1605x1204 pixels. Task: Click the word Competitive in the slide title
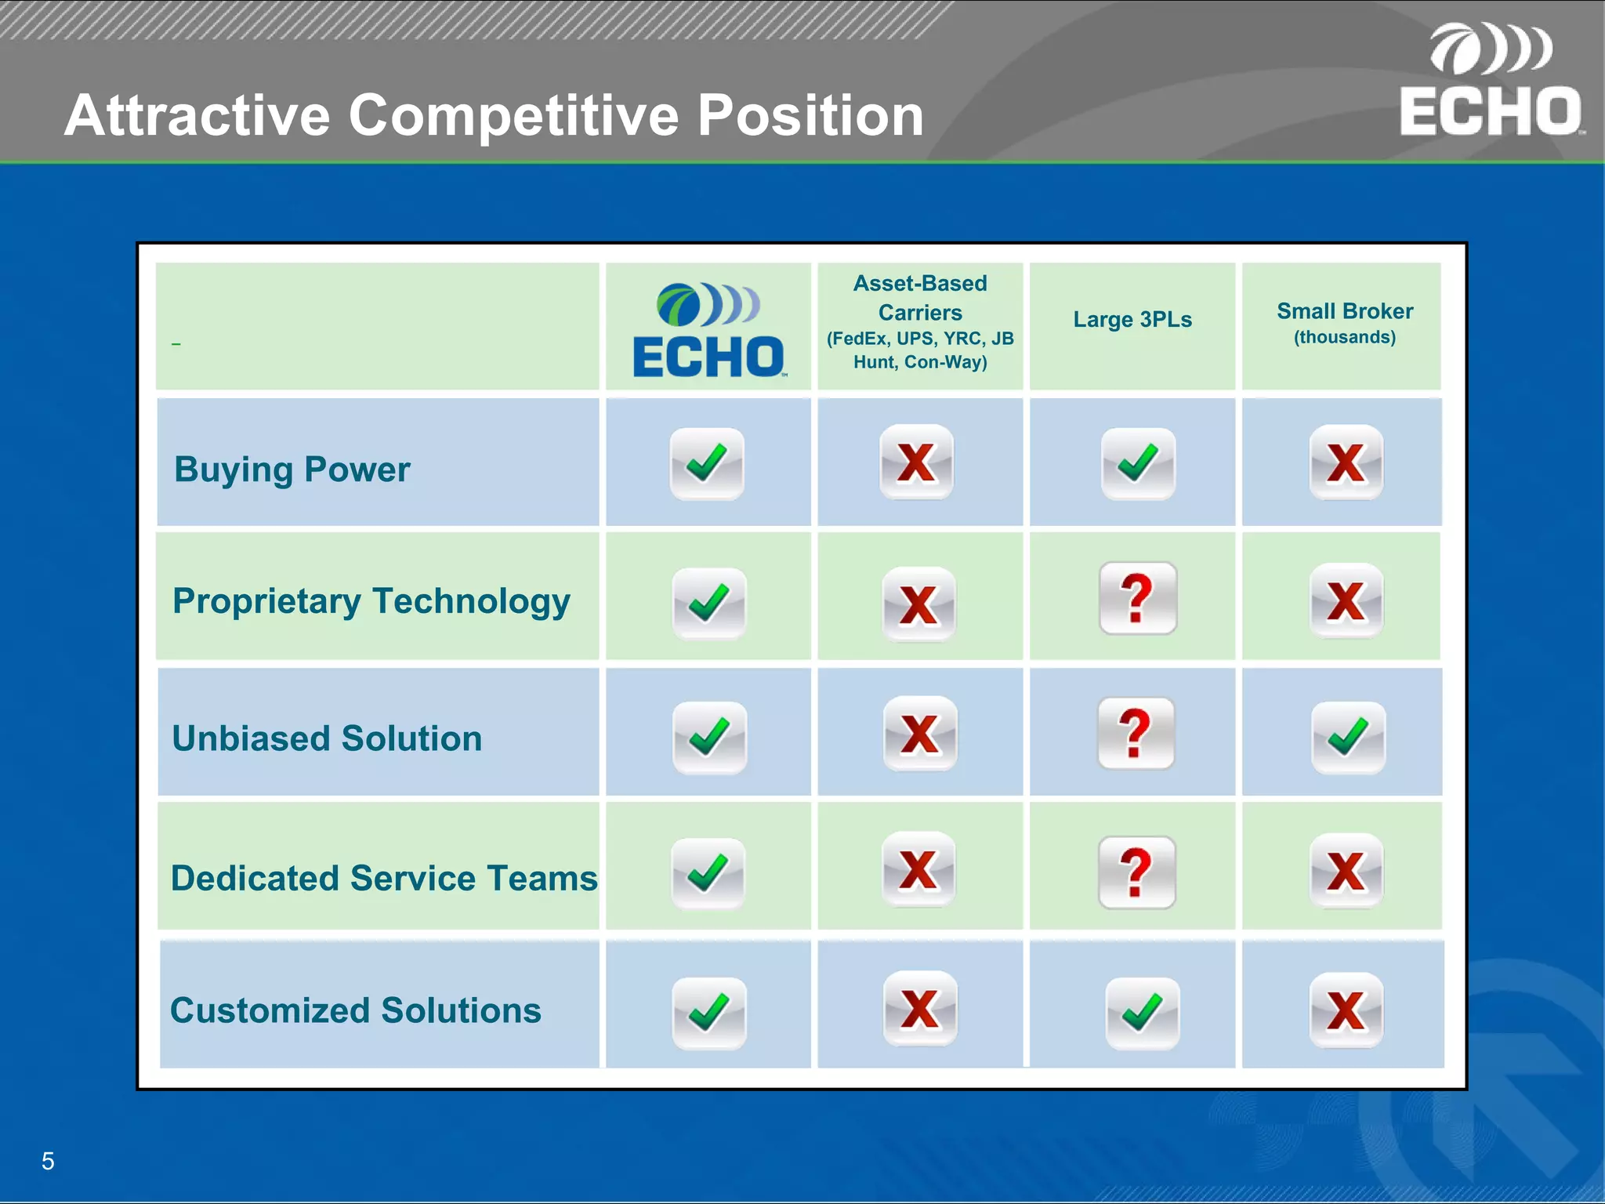515,116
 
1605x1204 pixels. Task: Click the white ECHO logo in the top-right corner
1491,82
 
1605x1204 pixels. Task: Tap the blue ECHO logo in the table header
708,330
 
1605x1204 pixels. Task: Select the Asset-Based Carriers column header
920,321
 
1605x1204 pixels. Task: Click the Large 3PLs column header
1132,320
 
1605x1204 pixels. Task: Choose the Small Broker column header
1344,322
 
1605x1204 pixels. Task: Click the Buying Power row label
292,470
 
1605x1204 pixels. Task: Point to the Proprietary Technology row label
371,601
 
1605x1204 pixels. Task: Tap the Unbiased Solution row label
327,738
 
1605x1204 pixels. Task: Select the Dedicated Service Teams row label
384,878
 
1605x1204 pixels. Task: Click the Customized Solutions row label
355,1010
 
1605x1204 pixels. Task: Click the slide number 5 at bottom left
48,1161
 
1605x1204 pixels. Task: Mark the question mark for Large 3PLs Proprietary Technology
1137,599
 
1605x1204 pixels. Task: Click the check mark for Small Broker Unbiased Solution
1348,738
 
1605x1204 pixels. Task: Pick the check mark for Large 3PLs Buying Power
1138,464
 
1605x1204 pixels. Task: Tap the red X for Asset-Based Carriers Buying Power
916,462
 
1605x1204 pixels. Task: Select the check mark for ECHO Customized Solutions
708,1013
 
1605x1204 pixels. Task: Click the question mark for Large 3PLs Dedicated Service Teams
1136,872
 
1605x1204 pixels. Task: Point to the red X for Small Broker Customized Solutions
1346,1010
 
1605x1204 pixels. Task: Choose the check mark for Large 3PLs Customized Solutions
1142,1013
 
